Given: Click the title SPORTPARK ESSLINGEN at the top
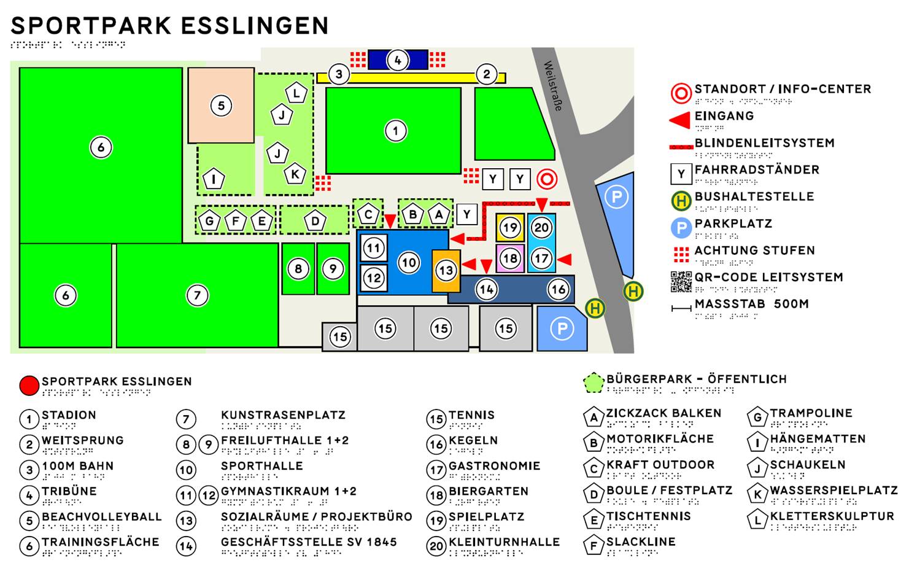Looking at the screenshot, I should [x=170, y=26].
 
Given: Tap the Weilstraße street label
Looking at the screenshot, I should [x=553, y=85].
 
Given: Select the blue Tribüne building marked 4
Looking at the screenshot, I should [x=398, y=60].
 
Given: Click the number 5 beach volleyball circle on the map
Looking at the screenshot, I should [x=221, y=106].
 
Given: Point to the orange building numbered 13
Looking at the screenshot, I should [x=446, y=270].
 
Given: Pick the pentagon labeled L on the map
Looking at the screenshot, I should [x=296, y=93].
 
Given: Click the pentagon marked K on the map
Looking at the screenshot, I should [x=295, y=174].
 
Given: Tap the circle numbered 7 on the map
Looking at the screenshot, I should [x=197, y=295].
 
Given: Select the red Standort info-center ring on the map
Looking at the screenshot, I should [x=547, y=179].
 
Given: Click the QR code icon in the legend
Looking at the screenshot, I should [x=681, y=281].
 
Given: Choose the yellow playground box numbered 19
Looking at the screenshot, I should [x=510, y=228].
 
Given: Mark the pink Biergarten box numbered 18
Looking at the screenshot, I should [x=510, y=258].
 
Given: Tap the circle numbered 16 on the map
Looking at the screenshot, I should [x=558, y=289].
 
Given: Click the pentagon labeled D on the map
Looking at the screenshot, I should [x=315, y=221].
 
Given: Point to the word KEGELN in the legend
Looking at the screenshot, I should [x=473, y=441].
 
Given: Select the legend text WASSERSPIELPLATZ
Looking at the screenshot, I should [x=834, y=491].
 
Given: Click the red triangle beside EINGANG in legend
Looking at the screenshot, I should [x=681, y=120].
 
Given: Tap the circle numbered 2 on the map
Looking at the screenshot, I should [x=487, y=74].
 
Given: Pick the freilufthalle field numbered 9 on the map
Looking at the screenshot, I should [x=333, y=269].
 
